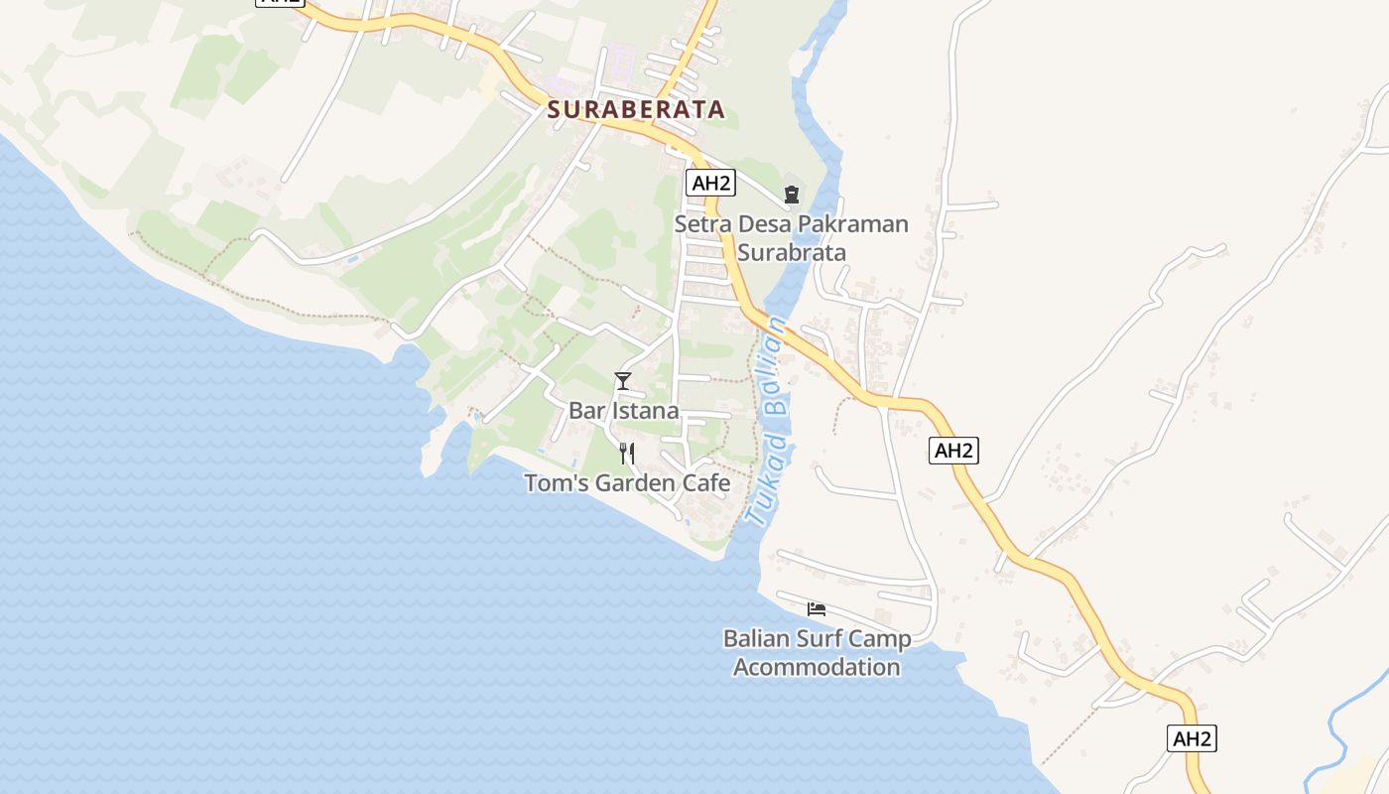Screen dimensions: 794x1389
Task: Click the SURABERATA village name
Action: (636, 110)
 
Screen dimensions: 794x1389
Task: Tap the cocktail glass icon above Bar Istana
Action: (623, 380)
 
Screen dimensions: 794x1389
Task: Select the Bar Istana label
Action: (623, 411)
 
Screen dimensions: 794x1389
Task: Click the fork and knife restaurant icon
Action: (626, 454)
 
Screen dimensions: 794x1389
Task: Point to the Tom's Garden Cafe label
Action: (627, 484)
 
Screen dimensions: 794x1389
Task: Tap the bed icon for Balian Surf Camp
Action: (817, 608)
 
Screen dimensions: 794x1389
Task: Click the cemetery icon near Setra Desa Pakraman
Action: (792, 194)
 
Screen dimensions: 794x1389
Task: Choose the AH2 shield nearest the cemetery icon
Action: (711, 183)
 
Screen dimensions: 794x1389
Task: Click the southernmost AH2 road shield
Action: (1192, 738)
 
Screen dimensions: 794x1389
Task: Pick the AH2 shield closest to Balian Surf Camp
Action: (954, 451)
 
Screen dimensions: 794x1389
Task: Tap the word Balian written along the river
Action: (775, 366)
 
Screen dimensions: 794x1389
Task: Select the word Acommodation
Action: (817, 667)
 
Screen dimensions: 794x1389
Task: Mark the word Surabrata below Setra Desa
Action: (792, 253)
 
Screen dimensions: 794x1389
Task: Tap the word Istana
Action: (646, 411)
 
